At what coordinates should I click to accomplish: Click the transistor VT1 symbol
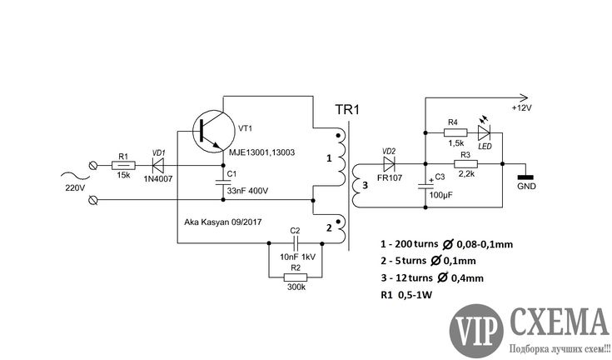(x=213, y=132)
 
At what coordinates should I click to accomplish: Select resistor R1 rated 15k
(x=123, y=166)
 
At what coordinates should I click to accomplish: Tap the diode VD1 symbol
(x=158, y=166)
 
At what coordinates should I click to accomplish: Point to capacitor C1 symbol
(x=223, y=182)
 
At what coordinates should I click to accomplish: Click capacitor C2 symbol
(x=296, y=243)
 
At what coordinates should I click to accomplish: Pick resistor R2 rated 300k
(x=296, y=277)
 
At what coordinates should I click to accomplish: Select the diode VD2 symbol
(x=389, y=164)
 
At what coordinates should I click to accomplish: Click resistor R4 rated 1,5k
(x=455, y=132)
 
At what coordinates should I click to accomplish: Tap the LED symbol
(x=484, y=132)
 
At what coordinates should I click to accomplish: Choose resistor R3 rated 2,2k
(x=465, y=164)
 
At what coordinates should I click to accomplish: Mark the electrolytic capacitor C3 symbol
(x=425, y=186)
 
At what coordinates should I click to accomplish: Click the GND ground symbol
(x=525, y=177)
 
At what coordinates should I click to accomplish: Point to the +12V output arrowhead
(x=524, y=97)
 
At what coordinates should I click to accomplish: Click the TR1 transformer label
(x=347, y=110)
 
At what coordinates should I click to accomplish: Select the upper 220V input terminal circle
(x=93, y=166)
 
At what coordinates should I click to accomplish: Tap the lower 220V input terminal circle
(x=93, y=200)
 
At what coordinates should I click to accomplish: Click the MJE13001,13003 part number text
(x=261, y=152)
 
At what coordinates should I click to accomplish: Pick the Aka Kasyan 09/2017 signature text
(x=222, y=222)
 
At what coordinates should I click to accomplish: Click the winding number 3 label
(x=365, y=185)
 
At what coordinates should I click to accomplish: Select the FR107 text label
(x=390, y=177)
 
